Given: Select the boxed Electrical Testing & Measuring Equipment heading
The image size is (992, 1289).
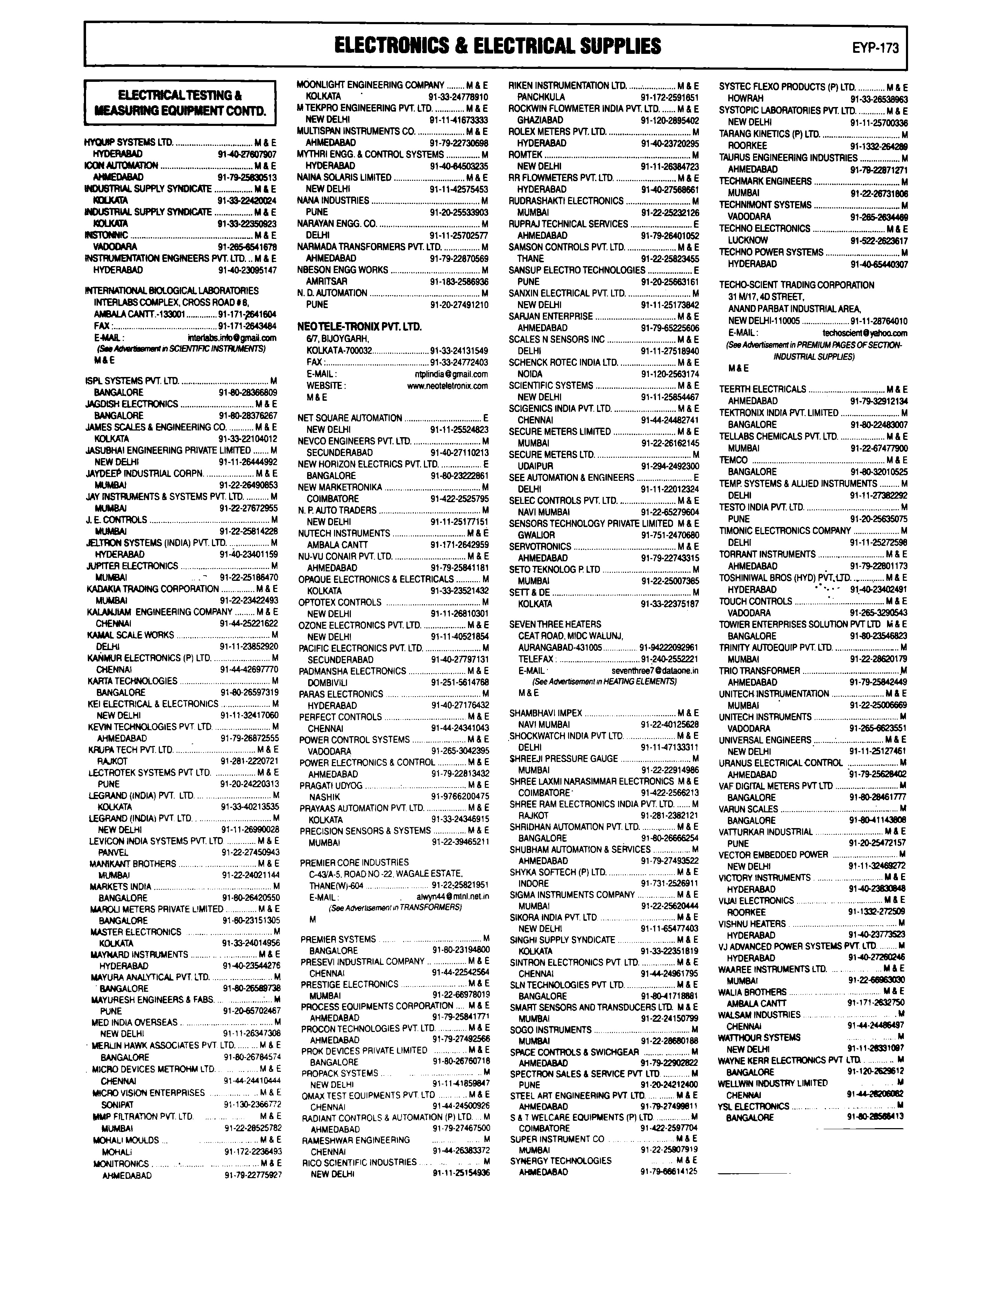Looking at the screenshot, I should (x=180, y=103).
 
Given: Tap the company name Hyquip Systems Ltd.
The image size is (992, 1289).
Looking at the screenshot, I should (x=129, y=142).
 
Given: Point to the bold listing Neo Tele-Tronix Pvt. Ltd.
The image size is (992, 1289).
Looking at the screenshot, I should (x=360, y=326).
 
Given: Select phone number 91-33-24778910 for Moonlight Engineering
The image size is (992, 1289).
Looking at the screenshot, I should (x=458, y=96).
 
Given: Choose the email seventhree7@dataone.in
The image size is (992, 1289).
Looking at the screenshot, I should (x=654, y=670).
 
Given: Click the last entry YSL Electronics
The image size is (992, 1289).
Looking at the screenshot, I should (x=753, y=1106).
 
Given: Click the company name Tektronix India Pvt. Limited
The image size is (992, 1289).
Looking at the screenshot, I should (x=778, y=413).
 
